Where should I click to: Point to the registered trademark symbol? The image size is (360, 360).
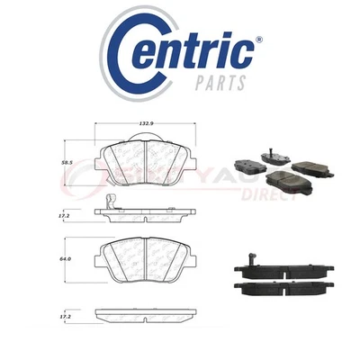pos(258,40)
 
